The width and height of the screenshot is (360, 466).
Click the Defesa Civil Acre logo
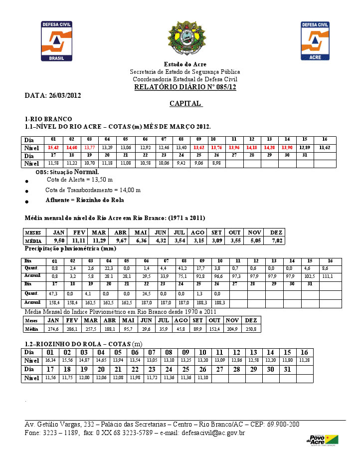(315, 41)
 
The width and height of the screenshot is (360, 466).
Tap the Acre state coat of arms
(185, 39)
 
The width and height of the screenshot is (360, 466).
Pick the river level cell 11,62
(325, 148)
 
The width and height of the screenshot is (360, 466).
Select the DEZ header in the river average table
(276, 233)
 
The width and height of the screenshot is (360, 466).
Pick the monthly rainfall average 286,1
(72, 329)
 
